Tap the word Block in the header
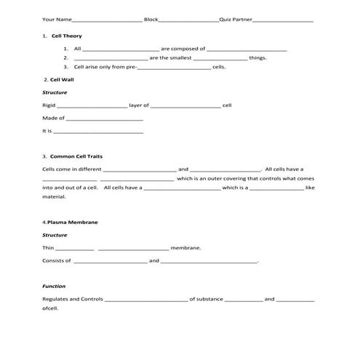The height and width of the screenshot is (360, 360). (x=151, y=19)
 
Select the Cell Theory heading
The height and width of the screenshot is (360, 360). (x=66, y=35)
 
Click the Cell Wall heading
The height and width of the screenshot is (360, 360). (x=61, y=79)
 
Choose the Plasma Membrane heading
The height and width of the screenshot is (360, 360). (x=72, y=220)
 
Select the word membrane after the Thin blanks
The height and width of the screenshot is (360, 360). (x=185, y=247)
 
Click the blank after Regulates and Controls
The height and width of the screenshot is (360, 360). (x=146, y=299)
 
